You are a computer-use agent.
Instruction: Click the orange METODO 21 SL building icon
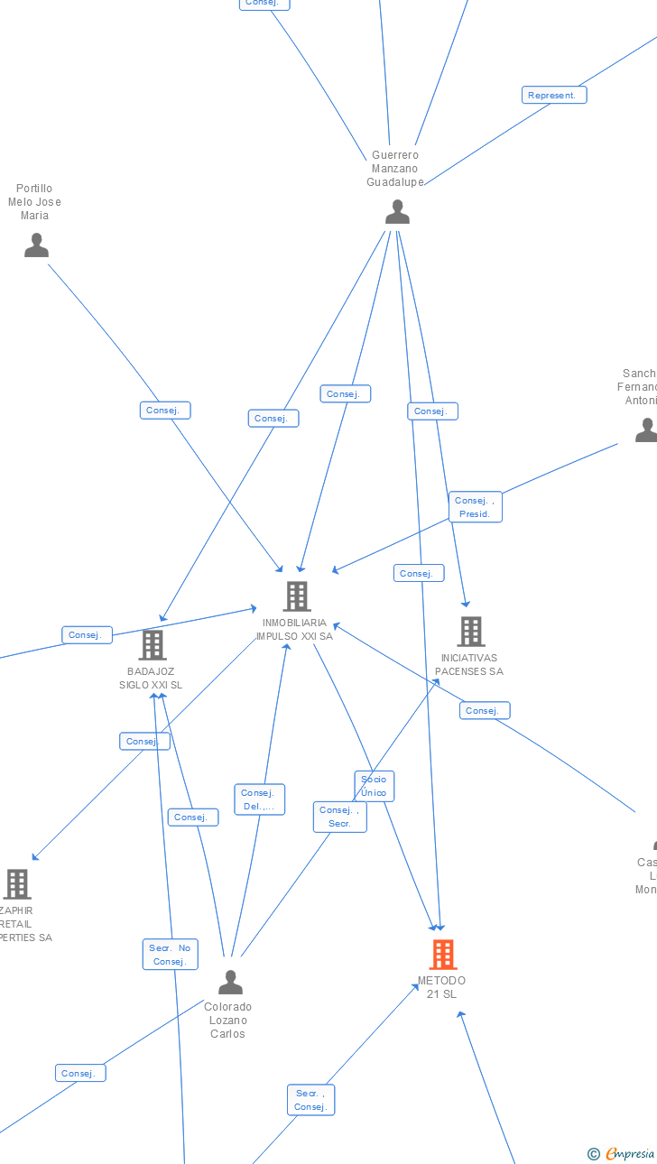[442, 954]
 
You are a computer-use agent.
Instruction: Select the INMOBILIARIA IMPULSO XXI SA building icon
[296, 596]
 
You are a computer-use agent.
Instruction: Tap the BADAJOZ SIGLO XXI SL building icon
[152, 644]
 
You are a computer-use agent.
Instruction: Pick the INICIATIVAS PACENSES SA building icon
[470, 631]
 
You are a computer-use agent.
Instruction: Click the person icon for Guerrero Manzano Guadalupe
[397, 212]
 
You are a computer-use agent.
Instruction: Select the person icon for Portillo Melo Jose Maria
[36, 245]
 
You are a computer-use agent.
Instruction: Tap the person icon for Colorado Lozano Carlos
[230, 982]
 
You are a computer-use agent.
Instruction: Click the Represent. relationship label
[553, 95]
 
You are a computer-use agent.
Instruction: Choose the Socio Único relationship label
[374, 786]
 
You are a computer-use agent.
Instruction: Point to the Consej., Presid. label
[475, 507]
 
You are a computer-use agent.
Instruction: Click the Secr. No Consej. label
[170, 955]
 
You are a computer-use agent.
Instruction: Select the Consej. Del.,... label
[259, 799]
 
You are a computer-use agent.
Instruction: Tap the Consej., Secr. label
[339, 817]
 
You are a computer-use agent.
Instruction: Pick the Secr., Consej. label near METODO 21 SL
[310, 1100]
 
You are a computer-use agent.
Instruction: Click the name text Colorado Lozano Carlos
[227, 1021]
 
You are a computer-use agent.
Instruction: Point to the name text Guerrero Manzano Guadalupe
[395, 169]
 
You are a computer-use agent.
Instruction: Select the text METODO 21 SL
[441, 987]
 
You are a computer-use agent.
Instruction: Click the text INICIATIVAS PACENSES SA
[469, 664]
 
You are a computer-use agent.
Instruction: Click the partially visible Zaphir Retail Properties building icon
[17, 883]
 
